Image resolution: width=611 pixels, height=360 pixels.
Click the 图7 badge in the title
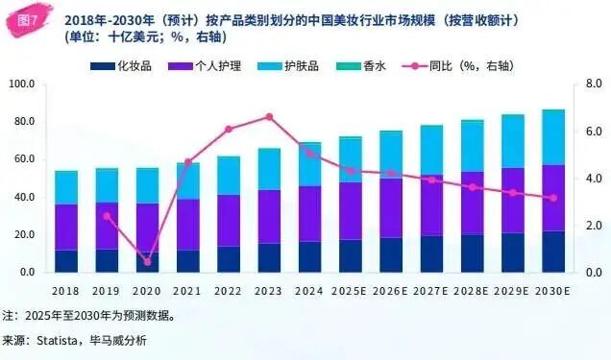29,20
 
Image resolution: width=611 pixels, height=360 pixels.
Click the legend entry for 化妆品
120,67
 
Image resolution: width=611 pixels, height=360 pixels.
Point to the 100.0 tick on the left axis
20,84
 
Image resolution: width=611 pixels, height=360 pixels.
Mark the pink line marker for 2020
147,262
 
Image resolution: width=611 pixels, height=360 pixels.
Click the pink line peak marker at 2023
269,117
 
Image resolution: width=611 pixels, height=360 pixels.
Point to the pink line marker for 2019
107,216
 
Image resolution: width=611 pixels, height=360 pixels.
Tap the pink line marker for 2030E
552,199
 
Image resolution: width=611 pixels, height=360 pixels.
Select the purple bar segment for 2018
66,227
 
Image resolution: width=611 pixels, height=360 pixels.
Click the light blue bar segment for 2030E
552,137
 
